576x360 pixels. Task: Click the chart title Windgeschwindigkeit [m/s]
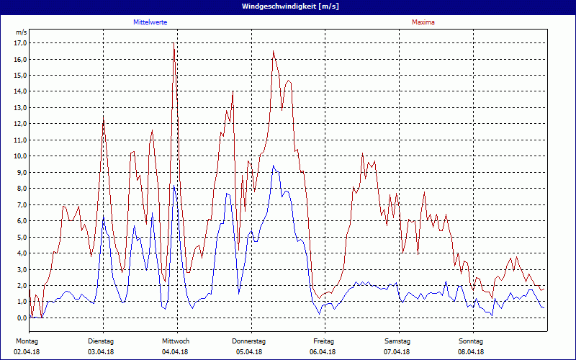288,6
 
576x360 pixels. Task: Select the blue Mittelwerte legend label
150,22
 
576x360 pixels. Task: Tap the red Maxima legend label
423,22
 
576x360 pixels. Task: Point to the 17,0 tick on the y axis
20,42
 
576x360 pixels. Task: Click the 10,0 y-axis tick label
20,156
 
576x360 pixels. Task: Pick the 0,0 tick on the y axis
20,318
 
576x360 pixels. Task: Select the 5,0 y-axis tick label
20,237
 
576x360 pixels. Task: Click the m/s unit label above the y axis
21,32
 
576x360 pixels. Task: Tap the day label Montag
27,341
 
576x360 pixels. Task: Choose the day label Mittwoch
176,341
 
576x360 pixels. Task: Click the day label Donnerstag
249,341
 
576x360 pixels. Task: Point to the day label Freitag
324,341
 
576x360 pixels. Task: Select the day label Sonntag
471,341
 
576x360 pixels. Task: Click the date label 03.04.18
101,352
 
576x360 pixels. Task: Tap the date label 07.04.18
397,352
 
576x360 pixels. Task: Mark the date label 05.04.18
249,352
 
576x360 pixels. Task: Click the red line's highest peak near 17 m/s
174,45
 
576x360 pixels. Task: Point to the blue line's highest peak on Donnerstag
273,166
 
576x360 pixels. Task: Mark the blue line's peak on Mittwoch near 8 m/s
174,186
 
